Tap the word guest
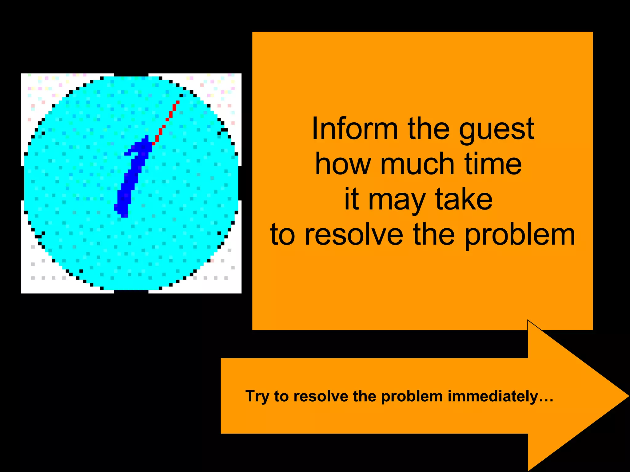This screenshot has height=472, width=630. pyautogui.click(x=496, y=131)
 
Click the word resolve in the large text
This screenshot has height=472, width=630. pyautogui.click(x=354, y=235)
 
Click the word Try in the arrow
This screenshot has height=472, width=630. pyautogui.click(x=257, y=396)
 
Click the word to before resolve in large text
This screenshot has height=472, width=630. pyautogui.click(x=282, y=235)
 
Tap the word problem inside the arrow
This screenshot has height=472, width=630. pyautogui.click(x=412, y=396)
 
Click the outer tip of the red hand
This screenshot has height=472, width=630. pyautogui.click(x=178, y=102)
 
